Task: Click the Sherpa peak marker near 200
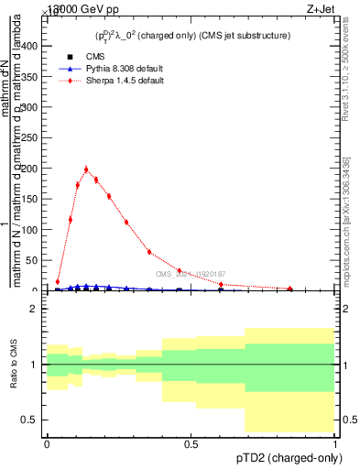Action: tap(86, 169)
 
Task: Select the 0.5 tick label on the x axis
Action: tap(191, 443)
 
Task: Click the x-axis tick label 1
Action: tap(335, 443)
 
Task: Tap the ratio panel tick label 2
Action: tap(33, 309)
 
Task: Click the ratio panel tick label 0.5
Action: tap(29, 420)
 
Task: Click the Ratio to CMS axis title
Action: tap(14, 365)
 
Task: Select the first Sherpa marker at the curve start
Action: tap(58, 282)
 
